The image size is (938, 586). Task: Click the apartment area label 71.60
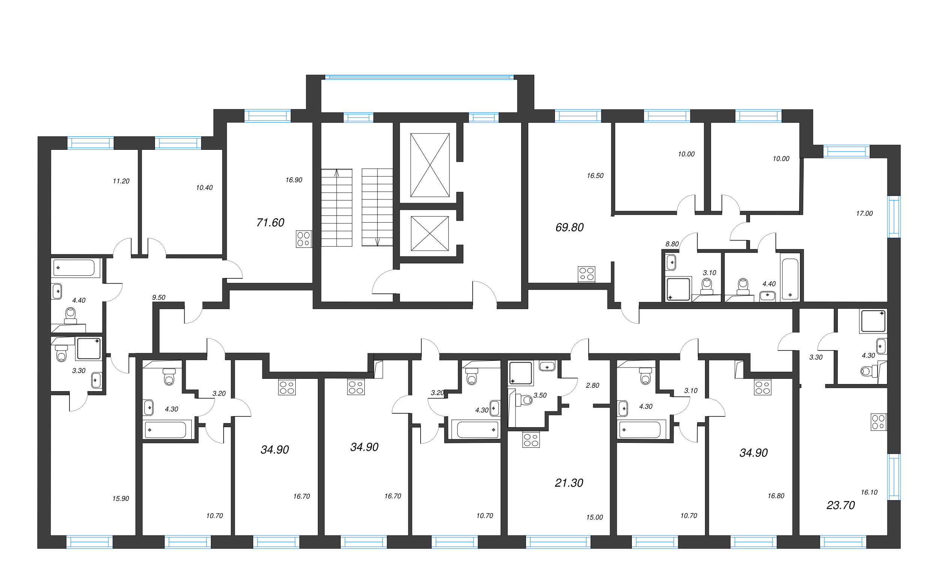[270, 223]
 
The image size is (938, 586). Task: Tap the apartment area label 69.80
[569, 227]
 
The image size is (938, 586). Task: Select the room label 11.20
[121, 181]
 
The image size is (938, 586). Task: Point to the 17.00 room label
[864, 214]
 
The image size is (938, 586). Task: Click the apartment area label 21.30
[569, 483]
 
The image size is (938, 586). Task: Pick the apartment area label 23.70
[840, 505]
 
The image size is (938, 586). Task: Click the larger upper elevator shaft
[430, 165]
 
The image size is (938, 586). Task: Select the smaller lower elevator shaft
[430, 233]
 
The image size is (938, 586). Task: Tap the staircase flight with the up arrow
[337, 207]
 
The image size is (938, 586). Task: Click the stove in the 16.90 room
[304, 239]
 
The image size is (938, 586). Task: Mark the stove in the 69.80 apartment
[586, 274]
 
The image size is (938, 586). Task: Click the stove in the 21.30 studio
[531, 439]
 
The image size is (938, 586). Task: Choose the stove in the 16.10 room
[879, 422]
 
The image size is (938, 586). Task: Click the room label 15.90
[121, 499]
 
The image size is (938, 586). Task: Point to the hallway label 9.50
[159, 297]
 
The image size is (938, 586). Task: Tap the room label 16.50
[595, 176]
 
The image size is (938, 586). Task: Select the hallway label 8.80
[672, 244]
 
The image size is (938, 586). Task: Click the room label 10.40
[204, 188]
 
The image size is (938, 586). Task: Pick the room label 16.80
[776, 496]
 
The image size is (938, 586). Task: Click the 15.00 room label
[594, 517]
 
